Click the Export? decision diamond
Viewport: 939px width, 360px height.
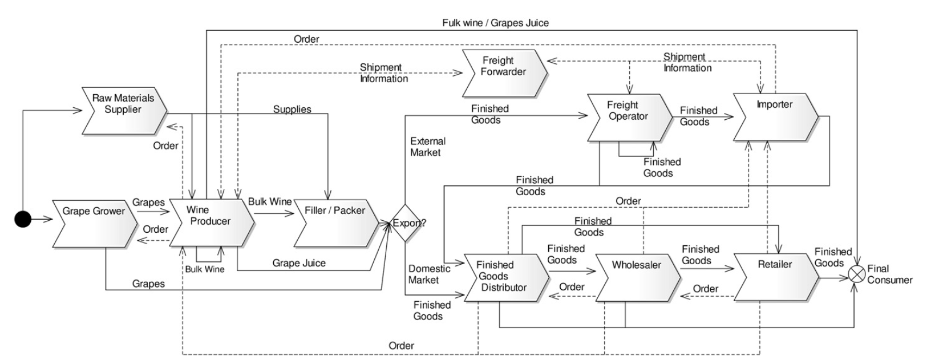(x=406, y=223)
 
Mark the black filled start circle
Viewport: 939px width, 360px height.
(x=23, y=219)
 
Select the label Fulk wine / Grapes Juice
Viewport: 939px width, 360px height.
(x=495, y=23)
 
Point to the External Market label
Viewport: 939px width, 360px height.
(x=427, y=147)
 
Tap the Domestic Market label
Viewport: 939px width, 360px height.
(x=429, y=274)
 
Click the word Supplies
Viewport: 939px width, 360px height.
(x=292, y=110)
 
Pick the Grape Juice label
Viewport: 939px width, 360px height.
(x=299, y=263)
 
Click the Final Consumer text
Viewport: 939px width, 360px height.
(x=889, y=274)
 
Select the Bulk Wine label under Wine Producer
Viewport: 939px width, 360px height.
(x=205, y=269)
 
